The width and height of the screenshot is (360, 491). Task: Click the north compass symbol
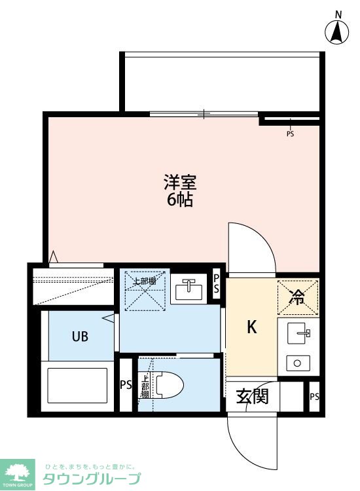point(337,31)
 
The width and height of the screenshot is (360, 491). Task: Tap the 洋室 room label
point(180,183)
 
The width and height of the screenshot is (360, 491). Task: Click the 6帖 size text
point(180,200)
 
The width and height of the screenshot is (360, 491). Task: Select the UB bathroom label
point(80,336)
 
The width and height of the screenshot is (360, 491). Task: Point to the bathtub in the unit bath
point(77,385)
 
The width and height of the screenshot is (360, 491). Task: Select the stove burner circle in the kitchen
point(297,363)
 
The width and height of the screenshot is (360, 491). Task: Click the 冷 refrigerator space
point(298,297)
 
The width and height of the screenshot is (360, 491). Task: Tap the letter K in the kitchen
point(252,327)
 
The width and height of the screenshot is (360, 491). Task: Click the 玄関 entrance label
point(252,397)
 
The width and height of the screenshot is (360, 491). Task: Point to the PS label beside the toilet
point(126,384)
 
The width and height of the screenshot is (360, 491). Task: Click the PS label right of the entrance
point(315,397)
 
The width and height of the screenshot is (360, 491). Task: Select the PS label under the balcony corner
point(290,134)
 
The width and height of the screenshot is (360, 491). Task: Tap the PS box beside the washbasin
point(216,283)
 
